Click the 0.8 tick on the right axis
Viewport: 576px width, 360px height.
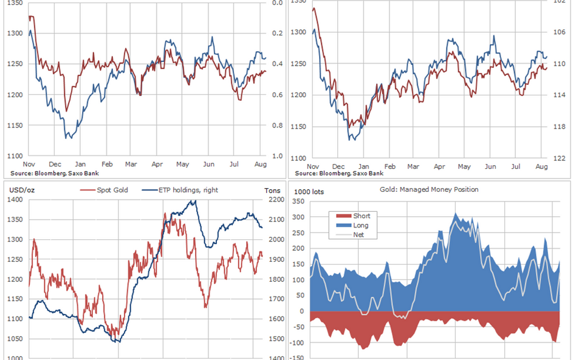[x=277, y=126]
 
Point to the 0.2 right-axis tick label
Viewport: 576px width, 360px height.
[x=277, y=33]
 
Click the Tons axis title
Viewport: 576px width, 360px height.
[x=273, y=191]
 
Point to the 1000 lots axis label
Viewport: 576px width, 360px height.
[x=309, y=192]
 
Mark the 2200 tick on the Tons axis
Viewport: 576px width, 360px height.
[x=275, y=200]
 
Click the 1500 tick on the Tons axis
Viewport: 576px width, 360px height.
[x=275, y=339]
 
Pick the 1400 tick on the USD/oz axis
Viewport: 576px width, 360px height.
[x=16, y=200]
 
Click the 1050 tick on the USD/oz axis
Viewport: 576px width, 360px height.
[x=16, y=339]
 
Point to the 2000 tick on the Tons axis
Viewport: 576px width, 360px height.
[x=275, y=240]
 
